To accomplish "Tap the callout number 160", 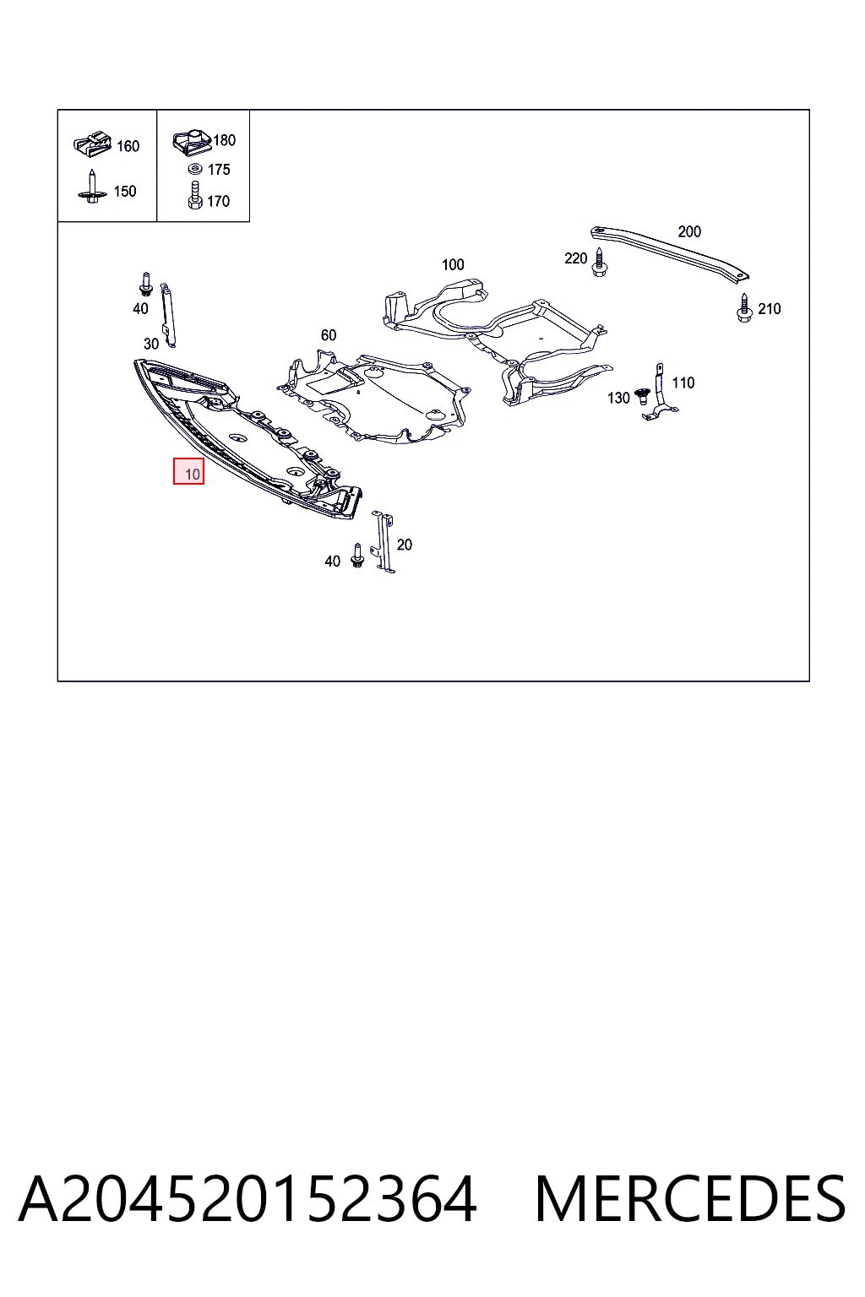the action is click(128, 146).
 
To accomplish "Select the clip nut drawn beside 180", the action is click(193, 142).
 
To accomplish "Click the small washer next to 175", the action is click(195, 169).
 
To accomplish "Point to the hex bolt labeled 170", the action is click(194, 195).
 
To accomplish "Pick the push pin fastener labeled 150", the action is click(92, 186).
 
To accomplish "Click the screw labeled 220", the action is click(599, 263).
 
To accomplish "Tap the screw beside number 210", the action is click(744, 308).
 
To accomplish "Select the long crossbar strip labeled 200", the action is click(669, 254).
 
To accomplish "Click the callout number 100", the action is click(453, 264).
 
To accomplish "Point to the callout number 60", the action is click(329, 335).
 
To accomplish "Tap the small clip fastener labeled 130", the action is click(641, 397).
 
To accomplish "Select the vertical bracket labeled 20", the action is click(384, 542).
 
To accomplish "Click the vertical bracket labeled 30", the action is click(168, 315).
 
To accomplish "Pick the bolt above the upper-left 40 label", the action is click(146, 284).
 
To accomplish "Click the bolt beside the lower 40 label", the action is click(356, 556).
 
